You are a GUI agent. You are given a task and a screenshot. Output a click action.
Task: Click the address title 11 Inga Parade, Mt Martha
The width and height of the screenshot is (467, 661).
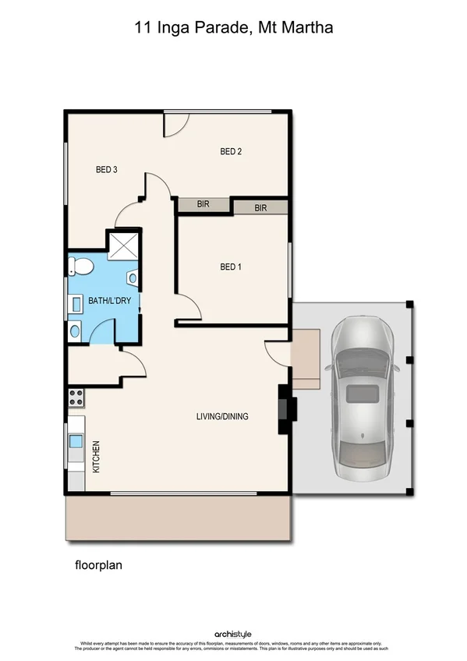point(233,29)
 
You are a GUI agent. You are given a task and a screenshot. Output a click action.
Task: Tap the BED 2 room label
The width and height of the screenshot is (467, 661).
point(231,152)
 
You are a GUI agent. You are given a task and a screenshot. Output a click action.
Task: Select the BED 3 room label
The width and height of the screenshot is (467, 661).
point(106,169)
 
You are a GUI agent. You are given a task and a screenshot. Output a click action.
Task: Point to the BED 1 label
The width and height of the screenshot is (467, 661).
point(231,267)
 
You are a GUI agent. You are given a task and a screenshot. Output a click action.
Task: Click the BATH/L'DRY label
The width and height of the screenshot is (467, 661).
point(104,301)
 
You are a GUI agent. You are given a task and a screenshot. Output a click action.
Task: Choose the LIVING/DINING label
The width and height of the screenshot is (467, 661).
point(222,416)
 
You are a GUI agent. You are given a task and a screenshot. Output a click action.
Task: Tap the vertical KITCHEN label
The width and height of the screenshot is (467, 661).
point(97,458)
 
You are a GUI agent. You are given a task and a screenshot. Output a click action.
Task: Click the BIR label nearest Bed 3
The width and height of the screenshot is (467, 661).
point(203,204)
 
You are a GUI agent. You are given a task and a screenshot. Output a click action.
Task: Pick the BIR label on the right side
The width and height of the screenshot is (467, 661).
point(260,208)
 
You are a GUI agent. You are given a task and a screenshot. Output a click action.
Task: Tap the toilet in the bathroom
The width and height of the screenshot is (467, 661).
point(80,267)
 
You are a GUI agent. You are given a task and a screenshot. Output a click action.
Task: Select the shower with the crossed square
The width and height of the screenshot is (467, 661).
point(123,246)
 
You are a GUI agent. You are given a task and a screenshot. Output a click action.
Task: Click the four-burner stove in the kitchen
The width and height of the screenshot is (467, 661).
point(76,397)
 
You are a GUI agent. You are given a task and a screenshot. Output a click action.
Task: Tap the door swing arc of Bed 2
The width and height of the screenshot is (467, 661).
point(177,123)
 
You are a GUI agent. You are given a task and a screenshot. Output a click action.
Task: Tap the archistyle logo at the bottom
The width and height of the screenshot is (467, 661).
point(233,634)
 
